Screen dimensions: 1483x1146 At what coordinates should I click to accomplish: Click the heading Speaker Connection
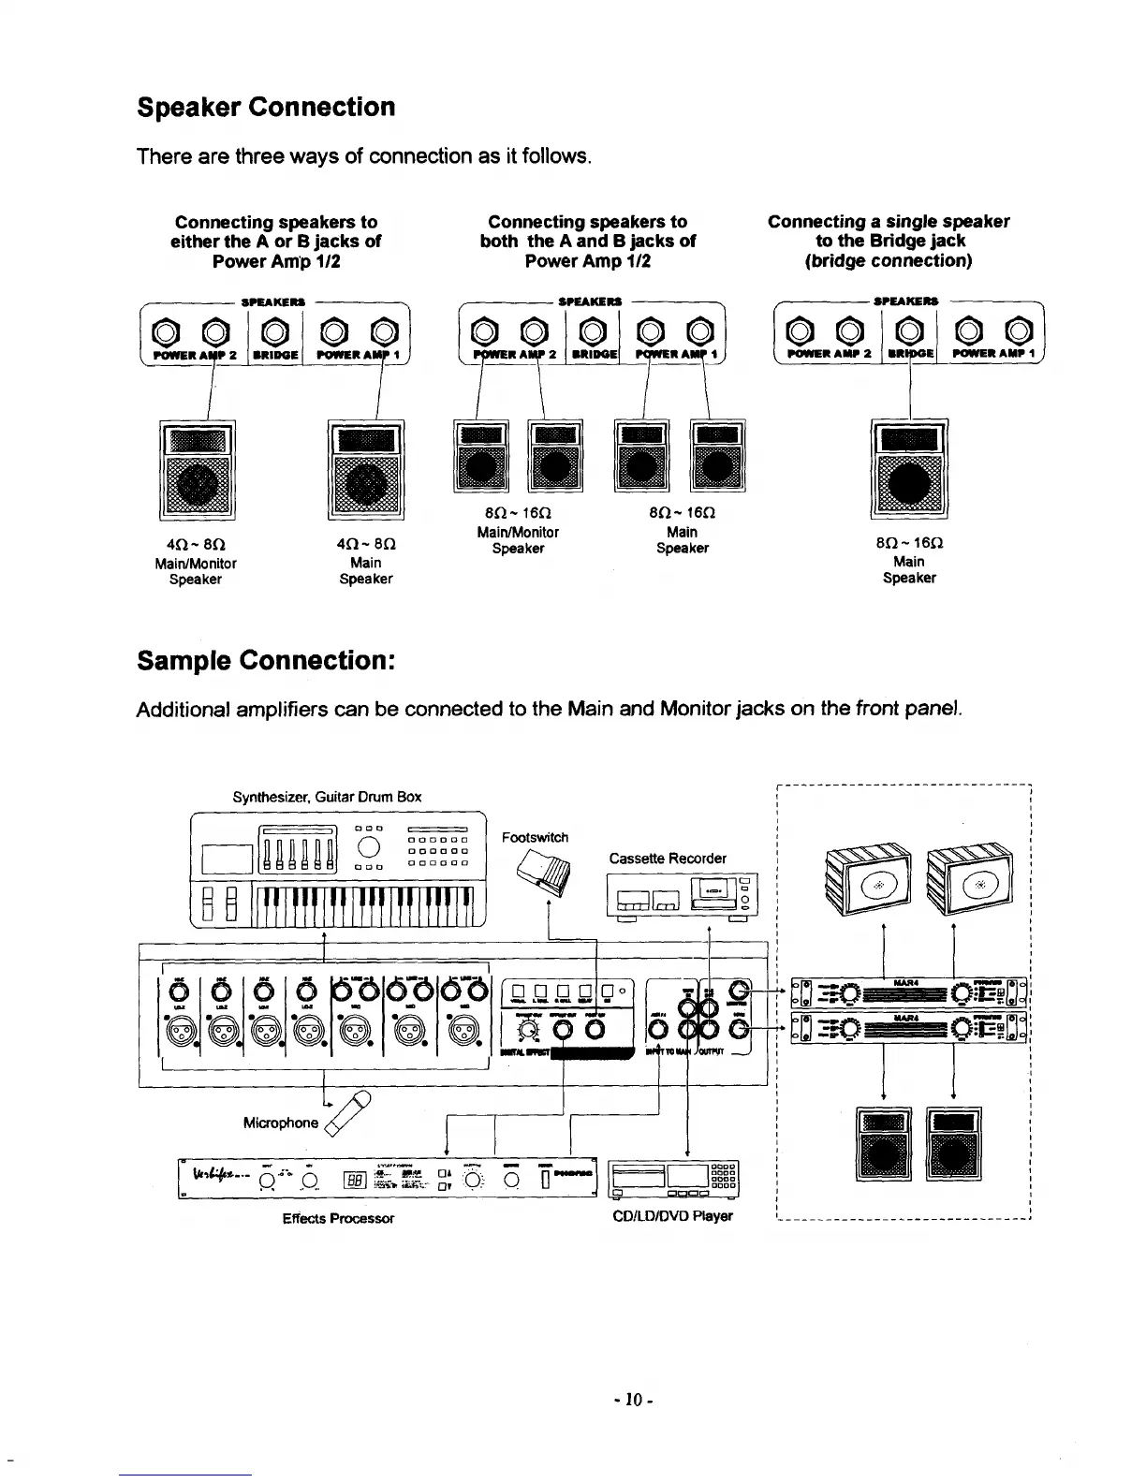tap(266, 107)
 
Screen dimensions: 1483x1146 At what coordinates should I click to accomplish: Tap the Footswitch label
tap(535, 837)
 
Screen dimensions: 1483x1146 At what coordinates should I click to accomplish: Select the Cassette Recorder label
tap(668, 859)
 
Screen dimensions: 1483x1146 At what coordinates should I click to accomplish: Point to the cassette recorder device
tap(683, 896)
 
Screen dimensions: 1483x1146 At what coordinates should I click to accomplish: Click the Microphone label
tap(281, 1123)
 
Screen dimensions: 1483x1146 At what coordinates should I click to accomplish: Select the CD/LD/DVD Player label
tap(670, 1216)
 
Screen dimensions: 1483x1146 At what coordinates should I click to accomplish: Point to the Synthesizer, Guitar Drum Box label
tap(327, 797)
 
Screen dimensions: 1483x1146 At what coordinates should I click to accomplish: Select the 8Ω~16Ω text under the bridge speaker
tap(908, 544)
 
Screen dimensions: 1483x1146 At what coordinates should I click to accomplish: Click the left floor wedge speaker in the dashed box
tap(868, 877)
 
